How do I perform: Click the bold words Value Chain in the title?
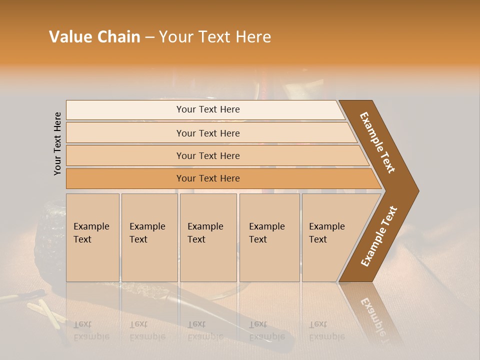(x=94, y=37)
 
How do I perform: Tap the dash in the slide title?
(x=149, y=37)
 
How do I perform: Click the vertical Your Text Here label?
(x=57, y=143)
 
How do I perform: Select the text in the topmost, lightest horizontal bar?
(x=208, y=109)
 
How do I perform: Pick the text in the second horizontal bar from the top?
(x=208, y=133)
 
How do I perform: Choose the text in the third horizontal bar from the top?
(x=208, y=156)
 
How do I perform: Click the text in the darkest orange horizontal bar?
(x=208, y=178)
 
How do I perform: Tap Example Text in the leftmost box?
(x=91, y=233)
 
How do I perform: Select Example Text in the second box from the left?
(x=147, y=233)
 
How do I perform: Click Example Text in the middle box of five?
(x=205, y=233)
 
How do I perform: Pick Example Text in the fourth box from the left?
(x=266, y=233)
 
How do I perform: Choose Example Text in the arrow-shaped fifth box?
(x=326, y=233)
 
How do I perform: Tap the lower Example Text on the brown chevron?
(x=379, y=236)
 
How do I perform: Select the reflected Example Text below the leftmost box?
(x=91, y=330)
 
